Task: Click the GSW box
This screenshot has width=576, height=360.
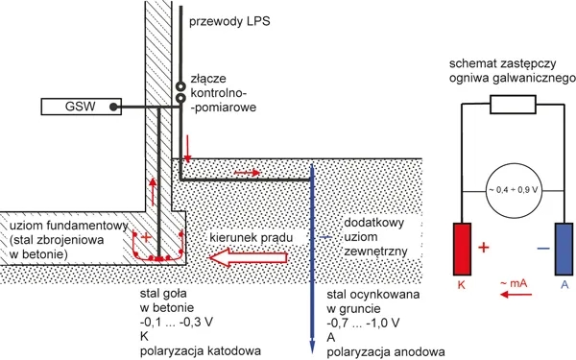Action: (x=82, y=107)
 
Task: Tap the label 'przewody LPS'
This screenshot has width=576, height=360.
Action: (x=229, y=21)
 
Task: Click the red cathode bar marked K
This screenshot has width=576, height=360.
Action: (x=462, y=249)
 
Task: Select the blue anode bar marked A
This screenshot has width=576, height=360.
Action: (x=564, y=249)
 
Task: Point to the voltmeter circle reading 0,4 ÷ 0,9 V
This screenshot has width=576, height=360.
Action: (x=514, y=190)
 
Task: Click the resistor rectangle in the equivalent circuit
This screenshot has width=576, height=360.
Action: (x=514, y=105)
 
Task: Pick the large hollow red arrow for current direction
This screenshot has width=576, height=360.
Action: (x=249, y=257)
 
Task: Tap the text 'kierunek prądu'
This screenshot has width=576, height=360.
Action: (x=252, y=238)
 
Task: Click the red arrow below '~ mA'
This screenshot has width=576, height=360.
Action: (x=516, y=295)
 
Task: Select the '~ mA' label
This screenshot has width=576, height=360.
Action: (x=514, y=283)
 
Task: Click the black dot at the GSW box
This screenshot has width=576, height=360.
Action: (x=114, y=107)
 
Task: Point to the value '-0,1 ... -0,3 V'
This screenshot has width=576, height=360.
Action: (x=177, y=323)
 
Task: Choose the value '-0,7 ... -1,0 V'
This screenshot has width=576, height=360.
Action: (x=363, y=323)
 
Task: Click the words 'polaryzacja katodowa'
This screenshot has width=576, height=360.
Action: (x=201, y=350)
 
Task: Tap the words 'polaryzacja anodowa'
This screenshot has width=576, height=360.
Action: (x=386, y=351)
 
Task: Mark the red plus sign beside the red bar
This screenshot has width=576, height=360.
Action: (x=484, y=248)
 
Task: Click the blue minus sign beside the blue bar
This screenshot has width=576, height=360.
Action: (x=543, y=249)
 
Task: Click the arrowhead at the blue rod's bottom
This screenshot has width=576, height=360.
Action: (x=312, y=348)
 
